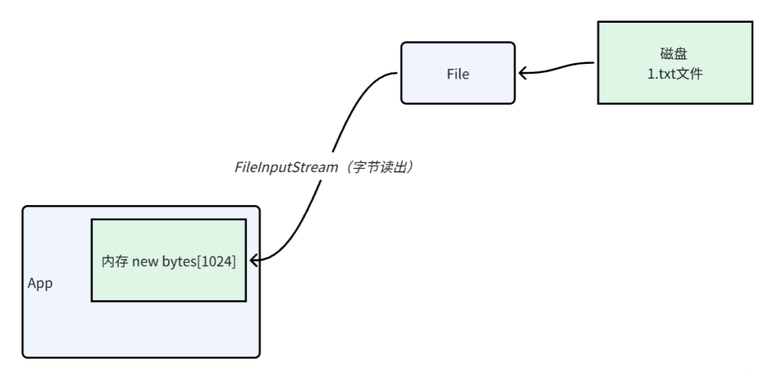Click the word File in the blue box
tap(457, 74)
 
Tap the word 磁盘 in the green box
tap(674, 54)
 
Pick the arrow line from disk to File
tap(561, 67)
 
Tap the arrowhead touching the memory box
tap(254, 261)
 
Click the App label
tap(40, 283)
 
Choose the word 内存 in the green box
tap(114, 261)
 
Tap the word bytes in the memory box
tap(178, 261)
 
